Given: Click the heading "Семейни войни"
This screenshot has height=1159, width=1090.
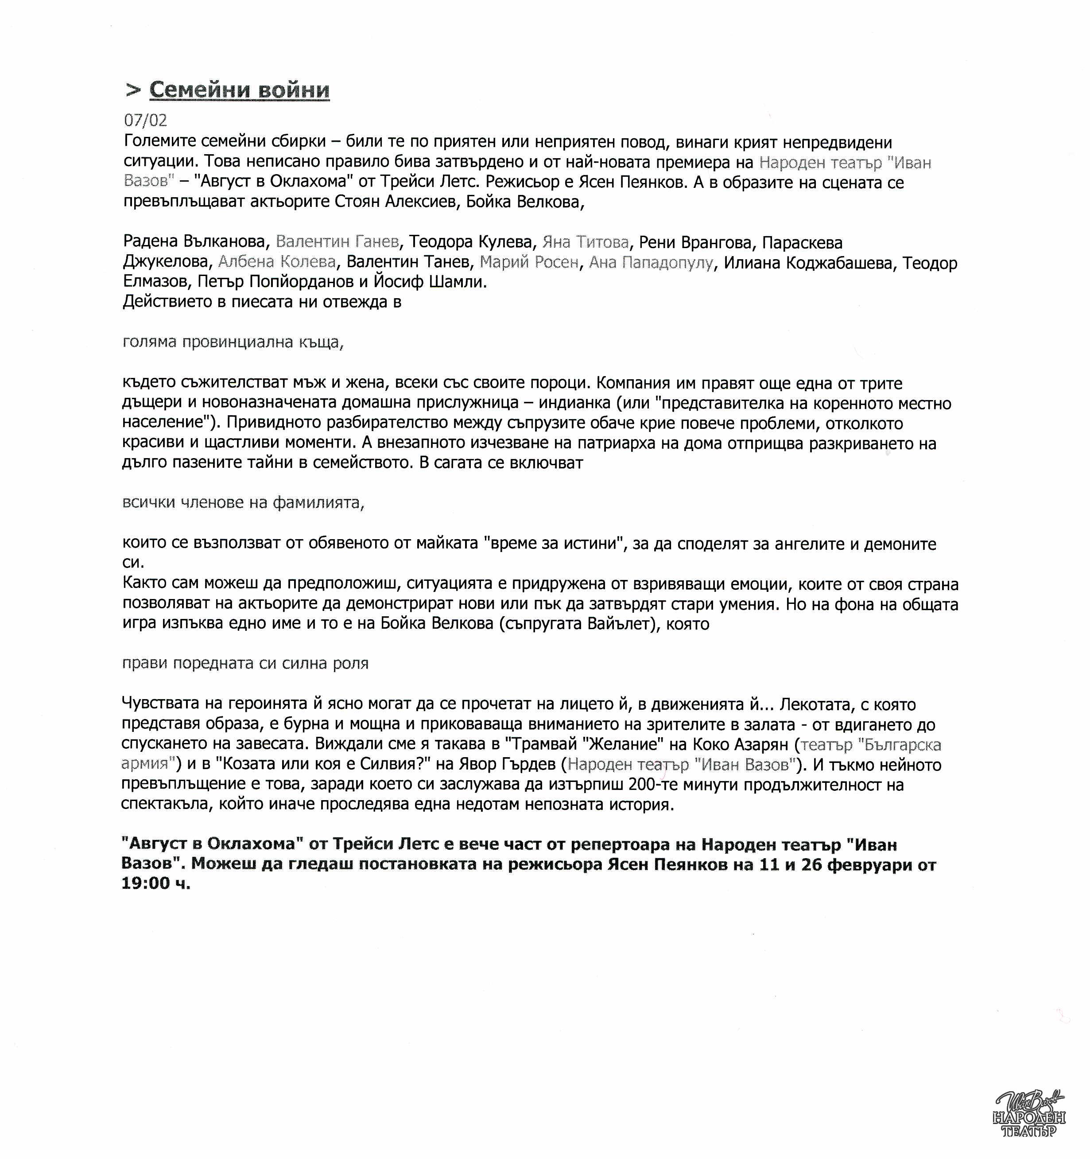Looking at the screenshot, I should click(239, 90).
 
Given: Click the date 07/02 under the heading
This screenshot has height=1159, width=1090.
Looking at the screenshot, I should click(145, 121).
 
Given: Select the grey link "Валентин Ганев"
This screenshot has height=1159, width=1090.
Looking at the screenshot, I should click(337, 242).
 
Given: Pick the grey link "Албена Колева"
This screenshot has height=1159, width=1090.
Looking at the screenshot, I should click(277, 262).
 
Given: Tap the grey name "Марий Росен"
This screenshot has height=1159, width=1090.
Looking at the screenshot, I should click(529, 262).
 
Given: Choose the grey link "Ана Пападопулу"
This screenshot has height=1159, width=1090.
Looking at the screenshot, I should click(651, 262).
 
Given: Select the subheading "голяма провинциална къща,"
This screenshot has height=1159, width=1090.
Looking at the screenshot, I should click(233, 342).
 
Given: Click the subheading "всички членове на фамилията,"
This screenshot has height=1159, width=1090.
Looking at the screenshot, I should click(243, 502).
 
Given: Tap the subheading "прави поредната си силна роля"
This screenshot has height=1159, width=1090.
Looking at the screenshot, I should click(245, 663).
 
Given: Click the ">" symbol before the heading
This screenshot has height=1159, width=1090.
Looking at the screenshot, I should click(133, 90).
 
